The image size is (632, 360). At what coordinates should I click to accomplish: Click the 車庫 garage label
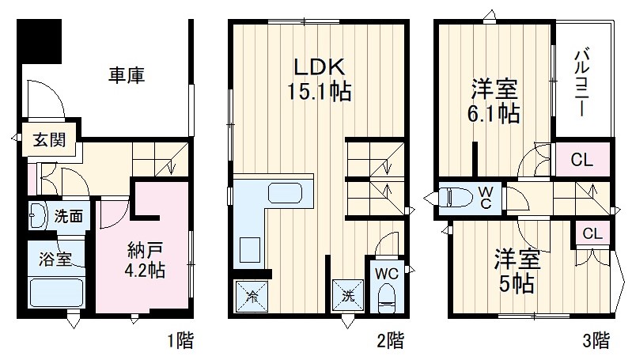pos(127,77)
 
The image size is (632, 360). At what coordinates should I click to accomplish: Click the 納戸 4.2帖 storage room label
pos(146,259)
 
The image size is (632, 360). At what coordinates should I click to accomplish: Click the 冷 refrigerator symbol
pos(251,298)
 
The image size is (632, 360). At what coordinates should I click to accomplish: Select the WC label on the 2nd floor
pos(387,274)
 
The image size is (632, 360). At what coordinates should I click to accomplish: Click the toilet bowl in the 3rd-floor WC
pos(460,196)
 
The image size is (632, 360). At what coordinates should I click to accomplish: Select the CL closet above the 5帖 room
pos(592,233)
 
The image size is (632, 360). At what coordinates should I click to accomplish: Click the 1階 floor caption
pos(180,342)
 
